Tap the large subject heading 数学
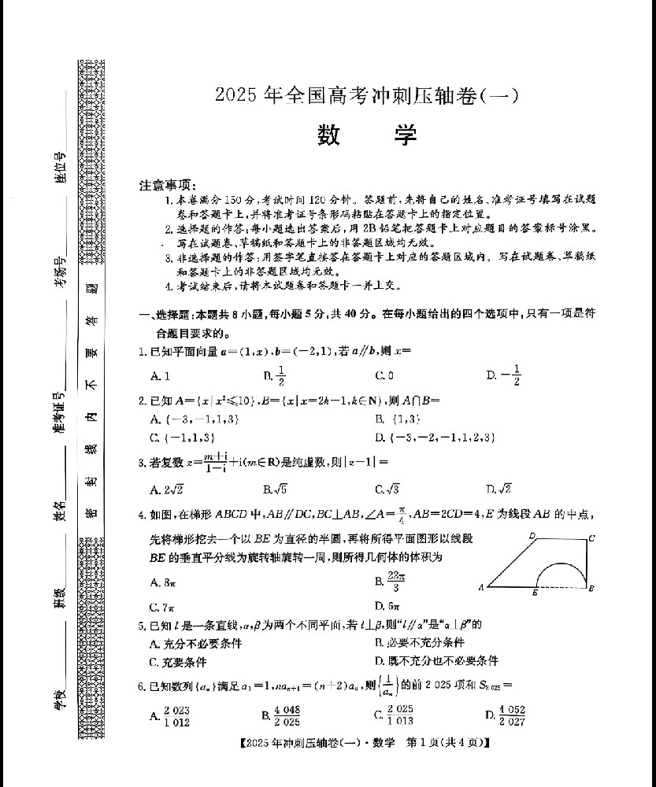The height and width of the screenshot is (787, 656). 367,135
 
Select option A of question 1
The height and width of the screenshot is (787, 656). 160,376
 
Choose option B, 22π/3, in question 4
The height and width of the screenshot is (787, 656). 390,582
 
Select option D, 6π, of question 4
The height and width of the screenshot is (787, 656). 389,606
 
